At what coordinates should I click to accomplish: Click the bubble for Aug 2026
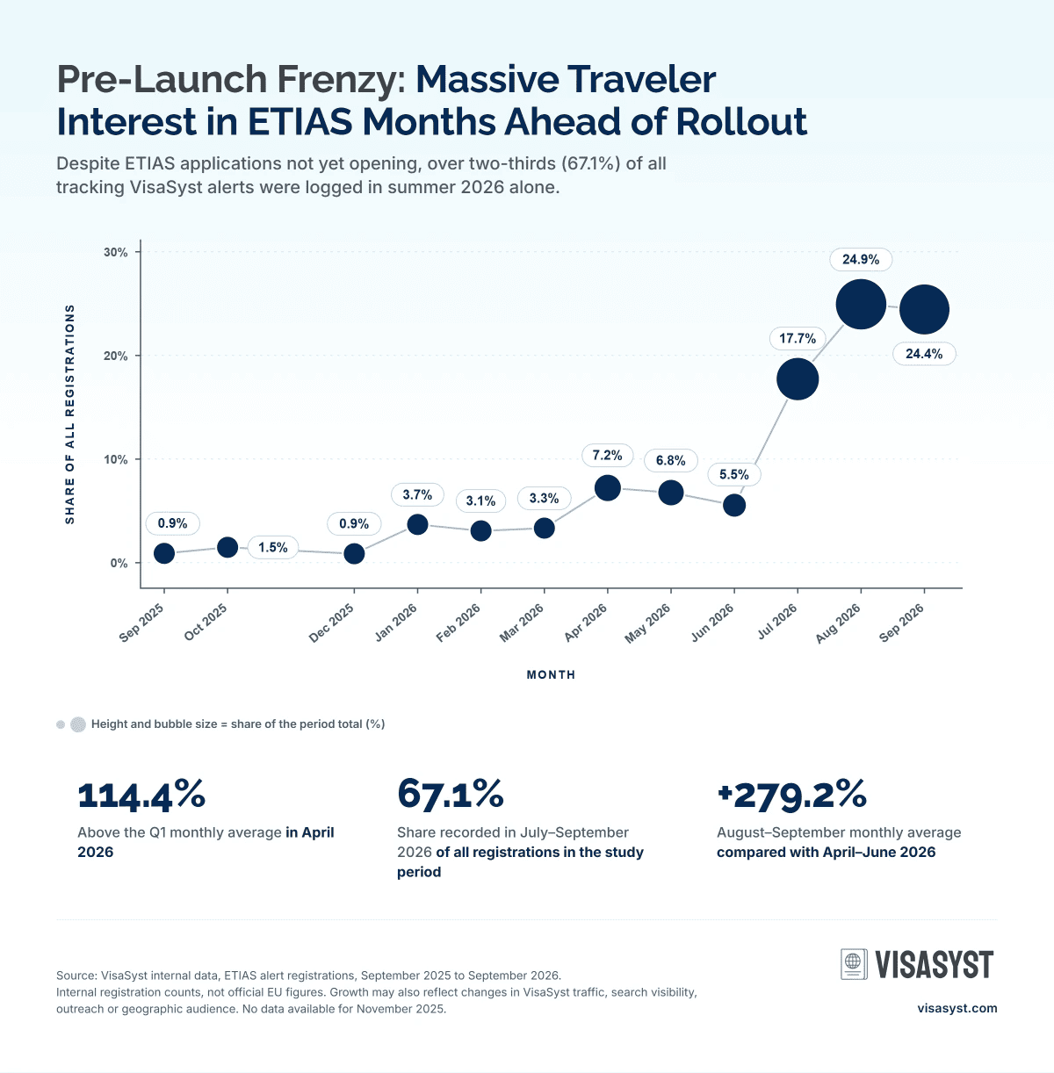(x=861, y=304)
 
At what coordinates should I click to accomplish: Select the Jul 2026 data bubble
(x=798, y=379)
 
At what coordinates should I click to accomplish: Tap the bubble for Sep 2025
(x=163, y=553)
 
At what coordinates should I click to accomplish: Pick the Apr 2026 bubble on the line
(x=607, y=488)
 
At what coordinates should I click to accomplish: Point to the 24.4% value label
(x=924, y=354)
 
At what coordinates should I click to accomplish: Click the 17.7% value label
(x=798, y=338)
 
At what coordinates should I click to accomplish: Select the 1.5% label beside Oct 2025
(x=273, y=547)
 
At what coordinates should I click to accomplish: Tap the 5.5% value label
(x=733, y=474)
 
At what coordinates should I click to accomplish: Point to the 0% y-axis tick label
(x=119, y=563)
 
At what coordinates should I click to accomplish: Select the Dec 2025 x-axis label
(x=332, y=623)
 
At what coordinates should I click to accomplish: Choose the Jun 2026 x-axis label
(x=712, y=623)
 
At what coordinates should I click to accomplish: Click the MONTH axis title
(x=551, y=675)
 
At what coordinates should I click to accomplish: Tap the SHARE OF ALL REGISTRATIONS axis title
(x=69, y=414)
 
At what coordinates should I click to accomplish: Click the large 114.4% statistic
(x=141, y=796)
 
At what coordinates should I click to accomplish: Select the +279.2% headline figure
(x=791, y=796)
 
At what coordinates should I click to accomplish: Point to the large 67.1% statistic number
(x=451, y=795)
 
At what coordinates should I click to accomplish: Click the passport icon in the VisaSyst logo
(x=854, y=964)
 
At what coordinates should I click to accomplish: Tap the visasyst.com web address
(x=957, y=1008)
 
